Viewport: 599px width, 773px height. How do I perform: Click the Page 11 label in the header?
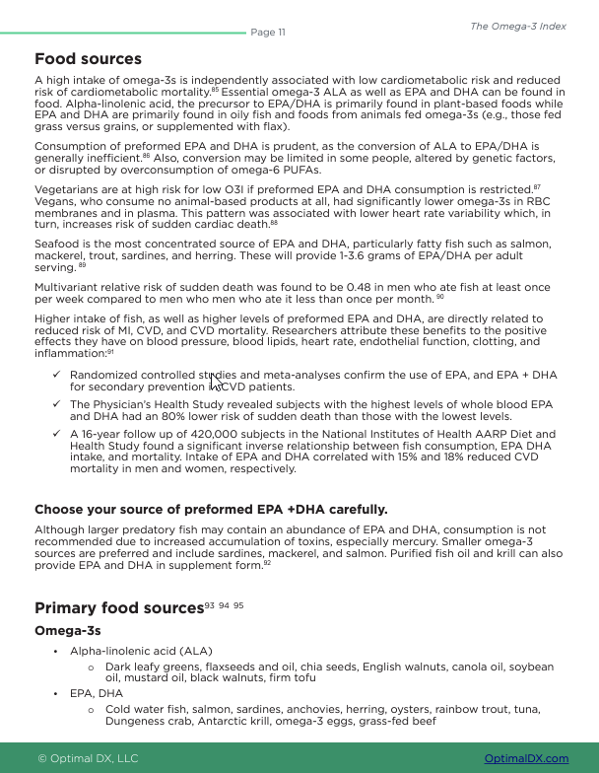tap(268, 33)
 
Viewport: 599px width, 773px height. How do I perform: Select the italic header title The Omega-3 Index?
tap(517, 27)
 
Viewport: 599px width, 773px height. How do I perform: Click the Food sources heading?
tap(88, 59)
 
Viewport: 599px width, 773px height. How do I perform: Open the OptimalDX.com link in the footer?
tap(526, 758)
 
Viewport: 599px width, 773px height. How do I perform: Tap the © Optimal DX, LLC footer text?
tap(88, 758)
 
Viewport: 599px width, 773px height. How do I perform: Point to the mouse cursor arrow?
tap(215, 381)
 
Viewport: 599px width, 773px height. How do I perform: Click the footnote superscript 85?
tap(215, 90)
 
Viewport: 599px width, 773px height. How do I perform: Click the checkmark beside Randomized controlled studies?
tap(57, 375)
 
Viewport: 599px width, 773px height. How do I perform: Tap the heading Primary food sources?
tap(118, 607)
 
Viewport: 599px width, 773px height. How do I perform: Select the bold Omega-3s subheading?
tap(68, 630)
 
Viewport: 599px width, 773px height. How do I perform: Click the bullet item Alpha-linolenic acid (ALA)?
tap(141, 651)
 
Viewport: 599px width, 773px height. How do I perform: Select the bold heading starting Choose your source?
tap(211, 510)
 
